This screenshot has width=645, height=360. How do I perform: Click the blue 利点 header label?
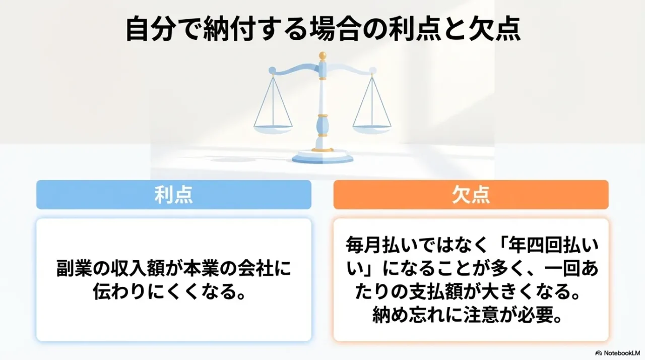173,195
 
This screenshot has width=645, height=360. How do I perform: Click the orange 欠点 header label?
471,195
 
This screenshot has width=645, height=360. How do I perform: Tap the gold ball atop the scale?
322,55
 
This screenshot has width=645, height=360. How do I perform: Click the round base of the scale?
322,157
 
